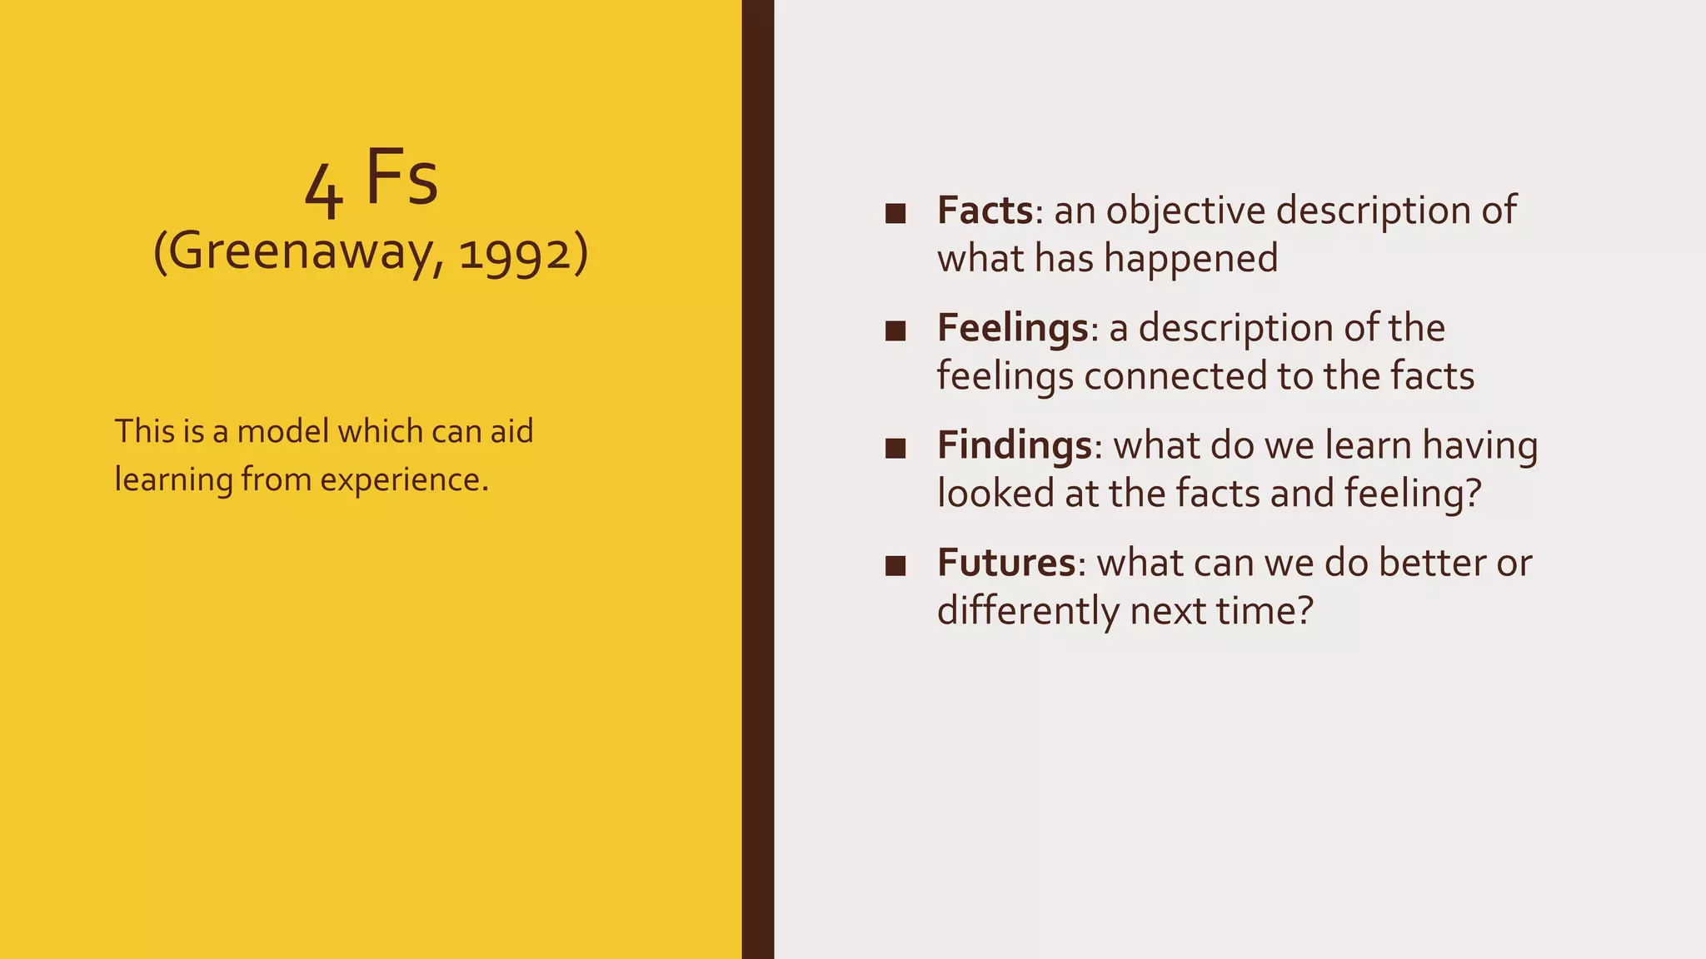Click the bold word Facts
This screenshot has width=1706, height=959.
[985, 210]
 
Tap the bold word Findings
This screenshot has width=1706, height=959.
[1014, 445]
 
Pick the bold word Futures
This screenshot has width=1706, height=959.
[1006, 563]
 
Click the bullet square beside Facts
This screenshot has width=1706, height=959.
[895, 213]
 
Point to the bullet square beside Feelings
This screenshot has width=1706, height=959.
[895, 331]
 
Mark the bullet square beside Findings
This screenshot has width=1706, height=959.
[895, 449]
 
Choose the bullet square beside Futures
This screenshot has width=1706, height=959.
[895, 566]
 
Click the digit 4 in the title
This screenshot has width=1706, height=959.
[323, 191]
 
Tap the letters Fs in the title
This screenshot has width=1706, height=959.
[402, 177]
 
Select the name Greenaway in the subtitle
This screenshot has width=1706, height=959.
[305, 251]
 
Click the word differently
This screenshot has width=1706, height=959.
[1028, 611]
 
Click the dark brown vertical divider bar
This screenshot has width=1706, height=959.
[757, 479]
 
